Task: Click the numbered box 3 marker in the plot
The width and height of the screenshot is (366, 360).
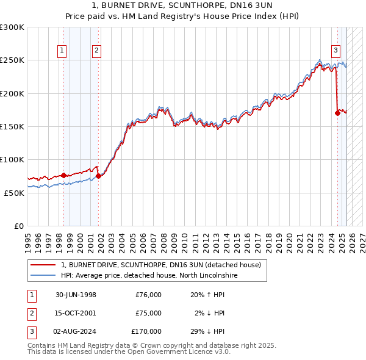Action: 335,51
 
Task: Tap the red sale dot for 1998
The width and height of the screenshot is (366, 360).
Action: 63,175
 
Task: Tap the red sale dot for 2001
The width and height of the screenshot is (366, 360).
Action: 98,176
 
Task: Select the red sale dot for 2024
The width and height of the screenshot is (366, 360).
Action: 337,113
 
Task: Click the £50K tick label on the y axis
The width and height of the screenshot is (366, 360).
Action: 14,193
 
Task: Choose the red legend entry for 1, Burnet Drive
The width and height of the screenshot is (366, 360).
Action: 160,265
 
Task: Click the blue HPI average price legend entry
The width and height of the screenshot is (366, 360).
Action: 148,275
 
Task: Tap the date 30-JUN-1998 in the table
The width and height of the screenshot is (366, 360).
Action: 76,295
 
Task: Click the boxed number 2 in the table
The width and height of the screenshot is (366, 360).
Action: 31,313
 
